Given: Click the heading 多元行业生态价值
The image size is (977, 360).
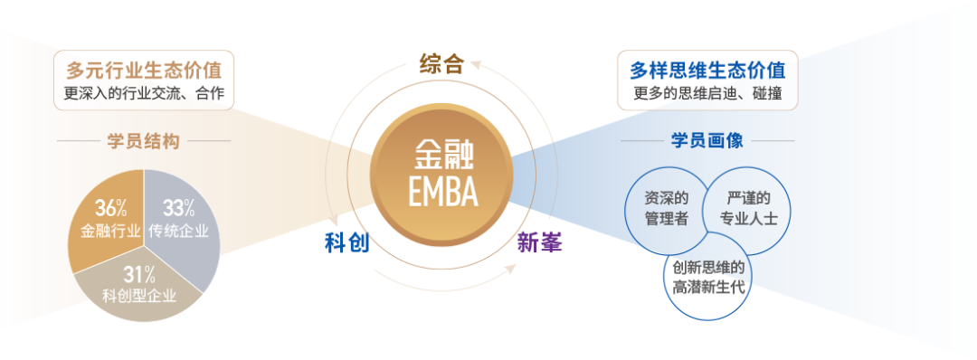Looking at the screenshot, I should click(x=145, y=69).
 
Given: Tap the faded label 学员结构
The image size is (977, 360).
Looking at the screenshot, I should click(x=144, y=141).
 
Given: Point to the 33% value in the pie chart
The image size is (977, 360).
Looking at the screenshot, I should click(x=178, y=207).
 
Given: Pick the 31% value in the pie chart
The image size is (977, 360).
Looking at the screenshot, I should click(x=139, y=273).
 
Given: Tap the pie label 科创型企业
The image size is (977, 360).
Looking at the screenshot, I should click(x=139, y=295).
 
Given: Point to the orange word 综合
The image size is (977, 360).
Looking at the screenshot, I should click(x=441, y=63).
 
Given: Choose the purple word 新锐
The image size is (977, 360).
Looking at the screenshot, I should click(x=540, y=242).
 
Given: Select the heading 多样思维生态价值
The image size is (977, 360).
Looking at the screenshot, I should click(x=707, y=69).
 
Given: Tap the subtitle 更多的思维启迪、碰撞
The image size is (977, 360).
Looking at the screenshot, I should click(x=707, y=93).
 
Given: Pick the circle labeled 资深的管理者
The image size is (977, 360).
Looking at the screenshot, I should click(x=665, y=209).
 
